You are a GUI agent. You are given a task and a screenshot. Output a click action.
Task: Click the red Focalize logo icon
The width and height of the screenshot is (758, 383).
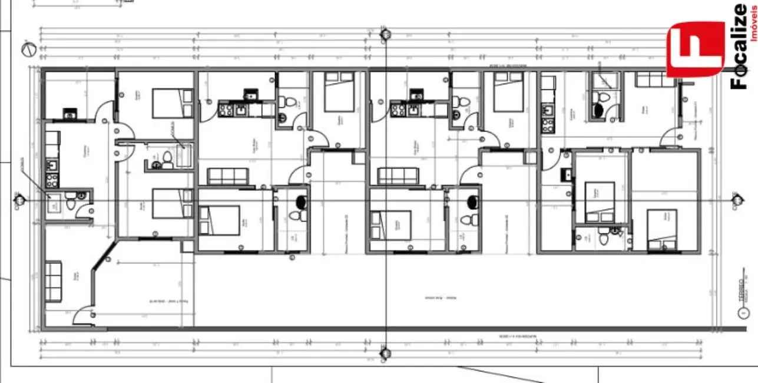click(x=695, y=49)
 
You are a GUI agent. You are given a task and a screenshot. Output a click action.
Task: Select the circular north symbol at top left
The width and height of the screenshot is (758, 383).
click(x=27, y=49)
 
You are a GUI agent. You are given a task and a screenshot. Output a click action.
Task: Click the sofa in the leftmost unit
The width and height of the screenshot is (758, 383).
click(x=54, y=282)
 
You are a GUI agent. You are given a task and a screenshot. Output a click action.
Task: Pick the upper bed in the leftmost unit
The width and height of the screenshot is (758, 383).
click(x=173, y=104)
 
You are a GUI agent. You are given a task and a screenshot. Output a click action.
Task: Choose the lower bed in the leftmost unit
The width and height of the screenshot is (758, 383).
click(x=173, y=203)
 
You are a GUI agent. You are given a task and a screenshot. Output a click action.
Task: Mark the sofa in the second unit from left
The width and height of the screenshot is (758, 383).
click(x=228, y=176)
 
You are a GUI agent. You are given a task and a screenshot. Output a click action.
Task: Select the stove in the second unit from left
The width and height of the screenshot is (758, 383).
click(x=225, y=109)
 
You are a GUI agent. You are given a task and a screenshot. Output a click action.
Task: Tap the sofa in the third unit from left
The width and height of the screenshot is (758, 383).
click(x=398, y=176)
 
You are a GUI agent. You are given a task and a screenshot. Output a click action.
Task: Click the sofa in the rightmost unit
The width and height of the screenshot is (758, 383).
click(x=656, y=80)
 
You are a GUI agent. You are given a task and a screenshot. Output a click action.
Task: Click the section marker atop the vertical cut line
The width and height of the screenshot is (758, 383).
click(x=385, y=34)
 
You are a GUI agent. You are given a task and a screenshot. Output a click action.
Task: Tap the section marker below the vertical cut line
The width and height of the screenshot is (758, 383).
click(x=385, y=354)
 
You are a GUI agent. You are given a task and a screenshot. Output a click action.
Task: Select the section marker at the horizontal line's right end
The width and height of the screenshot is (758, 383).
click(x=737, y=201)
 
